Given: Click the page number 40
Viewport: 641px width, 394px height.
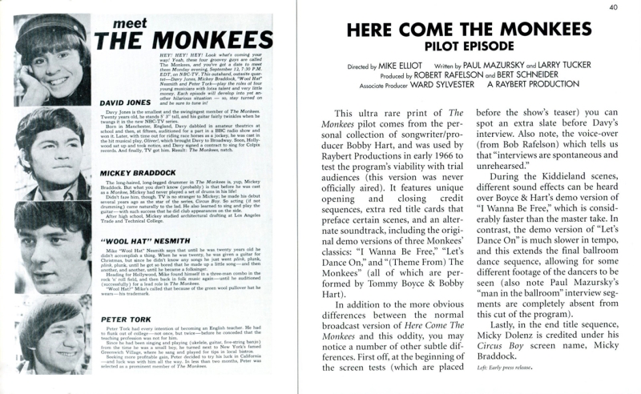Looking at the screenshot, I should click(611, 8).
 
